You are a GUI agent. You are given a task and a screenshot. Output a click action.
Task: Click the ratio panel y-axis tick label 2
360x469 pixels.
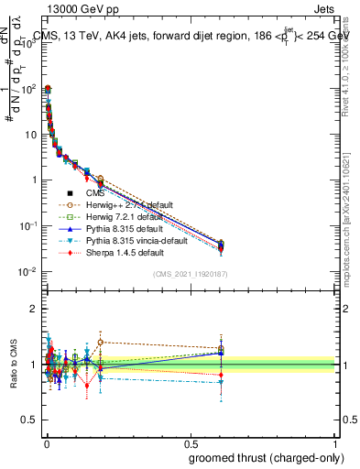34,309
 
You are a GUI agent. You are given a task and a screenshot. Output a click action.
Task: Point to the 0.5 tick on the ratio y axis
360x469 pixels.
29,420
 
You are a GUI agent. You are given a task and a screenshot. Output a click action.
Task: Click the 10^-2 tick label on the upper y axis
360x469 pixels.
27,272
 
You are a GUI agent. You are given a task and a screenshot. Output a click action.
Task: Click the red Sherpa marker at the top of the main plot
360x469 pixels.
48,89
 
